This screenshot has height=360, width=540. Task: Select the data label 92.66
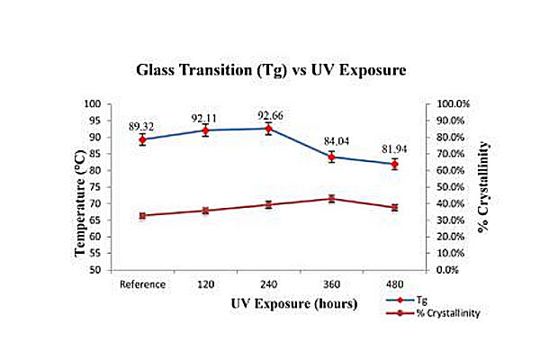[x=268, y=116]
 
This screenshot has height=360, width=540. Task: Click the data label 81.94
[x=394, y=148]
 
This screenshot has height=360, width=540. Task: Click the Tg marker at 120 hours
[x=205, y=130]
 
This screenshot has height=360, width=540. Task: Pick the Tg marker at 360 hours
[x=331, y=157]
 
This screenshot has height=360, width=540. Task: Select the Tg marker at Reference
[x=142, y=139]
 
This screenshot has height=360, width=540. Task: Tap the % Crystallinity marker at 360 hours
[x=331, y=198]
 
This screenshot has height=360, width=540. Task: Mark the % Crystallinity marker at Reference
[x=142, y=215]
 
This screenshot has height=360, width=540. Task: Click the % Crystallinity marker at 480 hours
[x=394, y=207]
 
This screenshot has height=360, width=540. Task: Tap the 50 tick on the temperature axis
[x=118, y=270]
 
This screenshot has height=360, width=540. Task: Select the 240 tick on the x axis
[x=268, y=283]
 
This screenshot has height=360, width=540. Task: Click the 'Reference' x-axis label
[x=142, y=283]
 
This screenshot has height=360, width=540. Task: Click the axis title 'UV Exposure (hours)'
[x=268, y=303]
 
